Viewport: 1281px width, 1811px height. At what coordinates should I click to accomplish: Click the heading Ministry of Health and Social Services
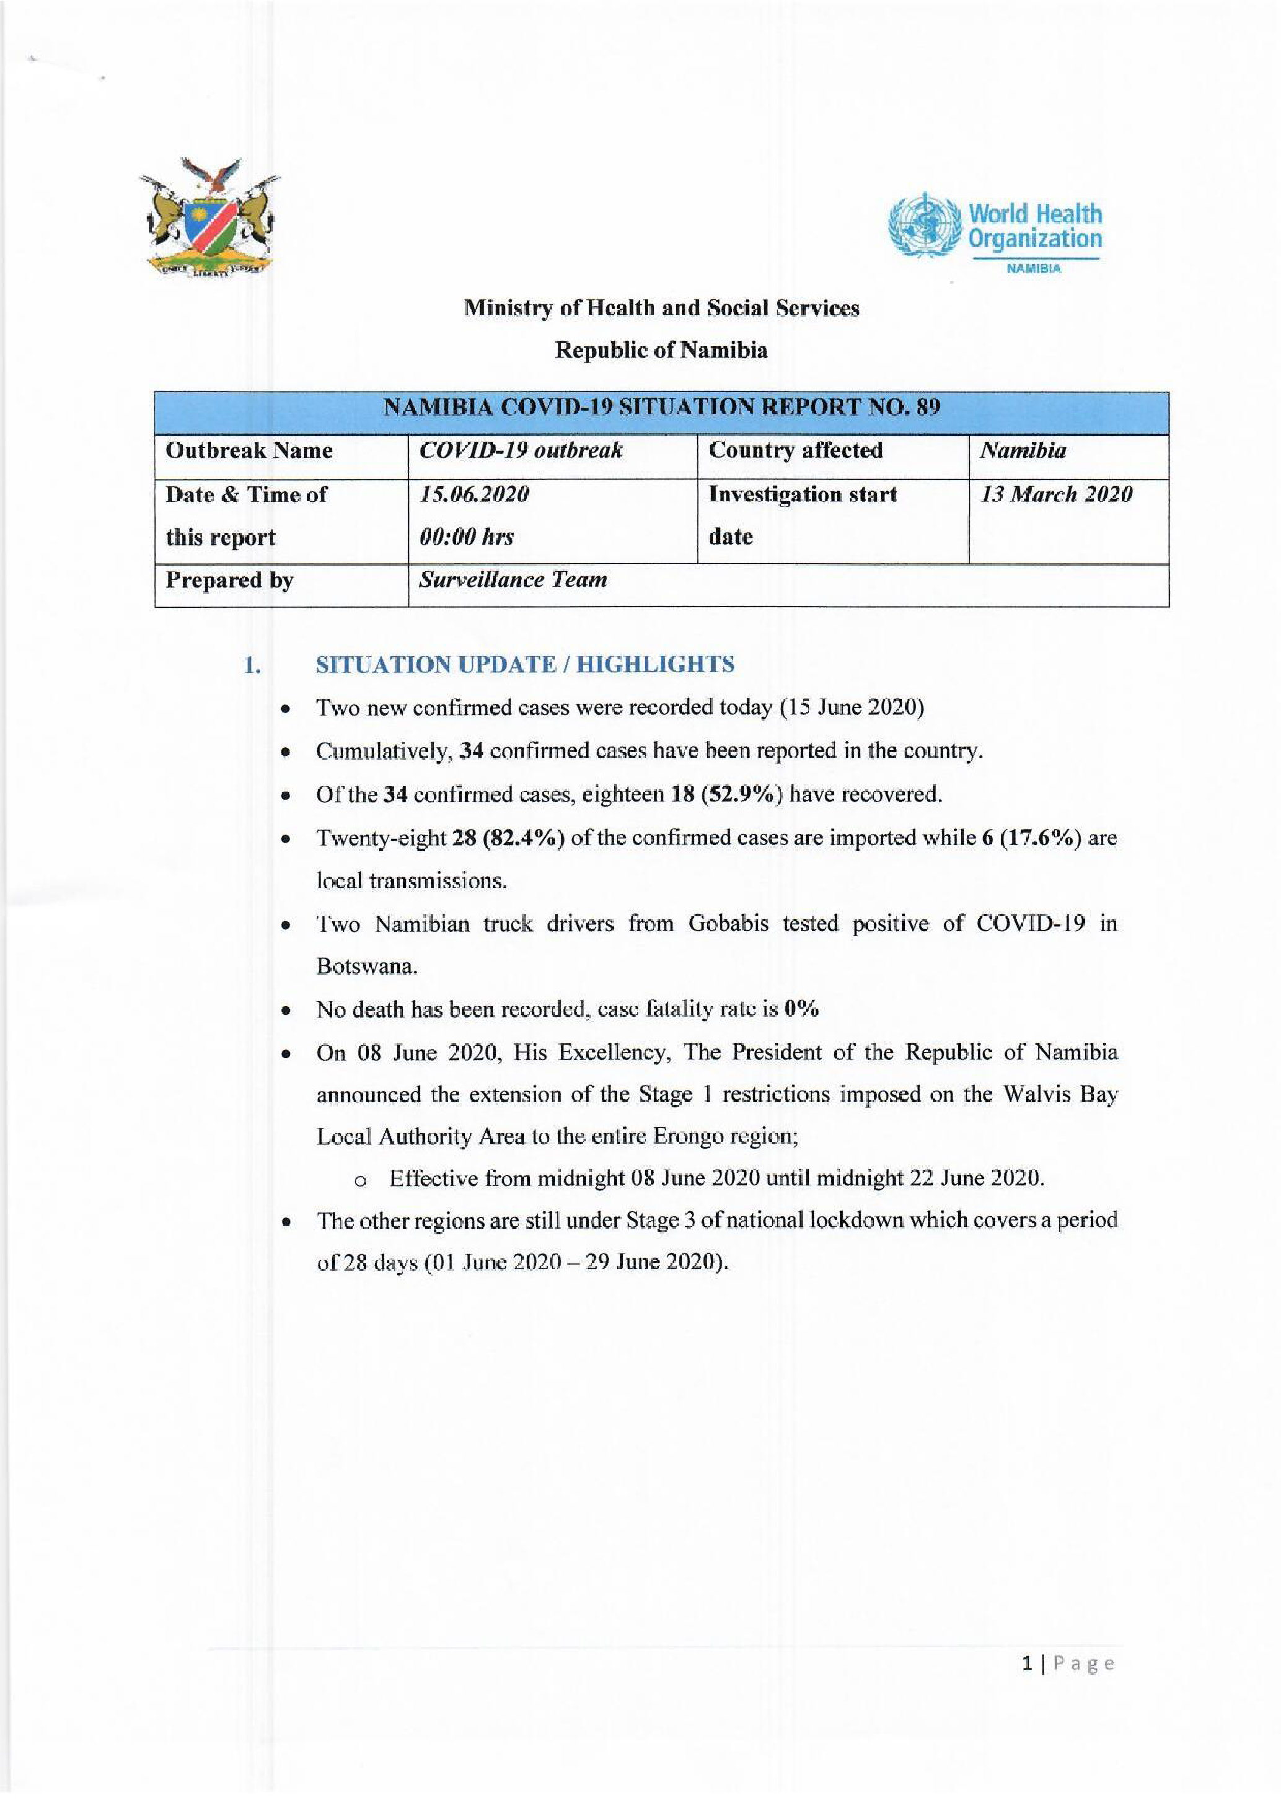click(x=661, y=308)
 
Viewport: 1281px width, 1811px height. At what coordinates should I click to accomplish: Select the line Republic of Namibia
click(x=661, y=350)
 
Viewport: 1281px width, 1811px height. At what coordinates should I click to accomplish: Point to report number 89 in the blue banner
click(x=928, y=408)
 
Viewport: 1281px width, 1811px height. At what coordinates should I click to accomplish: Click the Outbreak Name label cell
click(x=249, y=450)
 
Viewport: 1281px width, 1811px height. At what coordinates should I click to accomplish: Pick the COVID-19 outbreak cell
click(x=521, y=450)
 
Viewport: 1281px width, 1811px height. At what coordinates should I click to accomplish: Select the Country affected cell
click(x=795, y=450)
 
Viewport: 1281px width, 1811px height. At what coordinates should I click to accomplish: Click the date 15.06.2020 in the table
click(x=474, y=494)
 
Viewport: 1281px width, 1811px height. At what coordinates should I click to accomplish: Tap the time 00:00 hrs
click(x=467, y=537)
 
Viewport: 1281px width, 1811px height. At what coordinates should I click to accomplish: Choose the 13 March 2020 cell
click(x=1055, y=494)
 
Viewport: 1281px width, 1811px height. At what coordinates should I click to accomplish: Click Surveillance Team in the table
click(x=513, y=580)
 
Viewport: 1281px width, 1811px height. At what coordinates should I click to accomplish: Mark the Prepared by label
click(x=229, y=580)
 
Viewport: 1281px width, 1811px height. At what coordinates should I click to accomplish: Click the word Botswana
click(x=366, y=967)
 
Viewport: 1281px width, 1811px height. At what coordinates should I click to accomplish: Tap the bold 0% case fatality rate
click(x=801, y=1009)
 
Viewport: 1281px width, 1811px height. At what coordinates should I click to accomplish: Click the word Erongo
click(x=684, y=1137)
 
